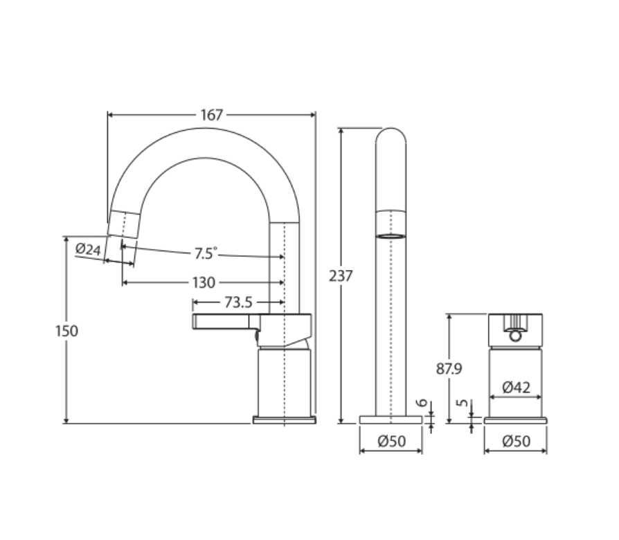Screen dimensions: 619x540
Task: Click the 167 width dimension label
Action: click(x=212, y=115)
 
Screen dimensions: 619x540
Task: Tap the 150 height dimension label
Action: click(x=66, y=331)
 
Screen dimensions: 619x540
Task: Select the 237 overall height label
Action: click(x=341, y=276)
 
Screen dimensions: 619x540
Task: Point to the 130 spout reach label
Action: click(x=204, y=282)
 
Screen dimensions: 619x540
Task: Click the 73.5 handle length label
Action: click(x=238, y=303)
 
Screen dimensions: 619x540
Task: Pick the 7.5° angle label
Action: click(x=206, y=253)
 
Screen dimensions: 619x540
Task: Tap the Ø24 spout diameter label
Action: click(x=88, y=249)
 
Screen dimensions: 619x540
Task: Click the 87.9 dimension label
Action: click(x=449, y=369)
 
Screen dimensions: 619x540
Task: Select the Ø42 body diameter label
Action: click(x=517, y=387)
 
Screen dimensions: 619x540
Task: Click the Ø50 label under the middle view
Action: click(x=392, y=441)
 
